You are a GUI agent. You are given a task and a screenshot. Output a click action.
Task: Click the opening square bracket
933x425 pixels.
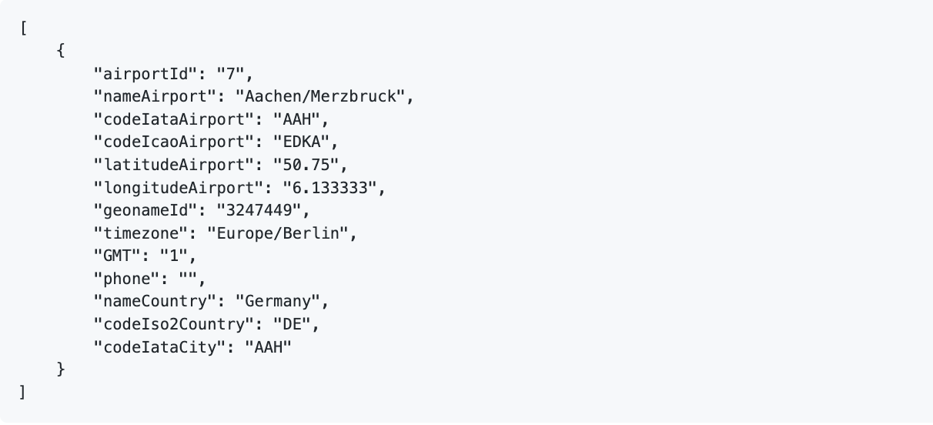pos(24,28)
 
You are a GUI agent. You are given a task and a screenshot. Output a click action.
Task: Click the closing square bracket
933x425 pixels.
pos(22,393)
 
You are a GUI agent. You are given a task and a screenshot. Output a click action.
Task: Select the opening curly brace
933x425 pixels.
pos(61,51)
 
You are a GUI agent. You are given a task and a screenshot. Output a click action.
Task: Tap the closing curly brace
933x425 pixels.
pos(61,370)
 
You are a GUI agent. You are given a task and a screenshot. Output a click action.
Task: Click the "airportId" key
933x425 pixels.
pos(145,74)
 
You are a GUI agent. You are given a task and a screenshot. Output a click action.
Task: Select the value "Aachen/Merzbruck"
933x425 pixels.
pos(320,97)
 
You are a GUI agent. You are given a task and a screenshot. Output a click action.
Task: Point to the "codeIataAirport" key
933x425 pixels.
pos(174,119)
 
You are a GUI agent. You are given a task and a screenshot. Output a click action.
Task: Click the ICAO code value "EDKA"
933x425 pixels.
pos(302,142)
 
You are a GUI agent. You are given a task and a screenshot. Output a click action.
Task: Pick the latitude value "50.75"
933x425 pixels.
pos(306,165)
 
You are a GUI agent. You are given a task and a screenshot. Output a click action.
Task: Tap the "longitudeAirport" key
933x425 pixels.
pos(179,188)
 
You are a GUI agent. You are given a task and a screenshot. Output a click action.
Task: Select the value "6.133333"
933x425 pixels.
pos(330,188)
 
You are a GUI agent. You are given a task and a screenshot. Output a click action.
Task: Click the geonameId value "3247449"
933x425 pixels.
pos(259,210)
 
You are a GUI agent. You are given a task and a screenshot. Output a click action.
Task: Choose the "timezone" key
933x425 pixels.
pos(140,233)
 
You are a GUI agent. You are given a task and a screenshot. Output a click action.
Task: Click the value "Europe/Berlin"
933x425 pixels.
pos(278,233)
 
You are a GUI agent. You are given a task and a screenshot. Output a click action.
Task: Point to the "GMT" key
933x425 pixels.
pos(117,256)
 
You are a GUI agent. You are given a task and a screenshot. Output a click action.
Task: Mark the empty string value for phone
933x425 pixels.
pos(188,279)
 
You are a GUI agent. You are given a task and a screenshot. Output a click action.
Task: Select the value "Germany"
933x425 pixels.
pos(278,301)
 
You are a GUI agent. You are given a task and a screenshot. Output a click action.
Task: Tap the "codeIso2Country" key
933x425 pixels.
pos(174,324)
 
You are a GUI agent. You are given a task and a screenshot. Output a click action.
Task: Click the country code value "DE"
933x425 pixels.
pos(292,324)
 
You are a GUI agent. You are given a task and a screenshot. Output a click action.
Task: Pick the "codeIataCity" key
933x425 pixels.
pos(159,347)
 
